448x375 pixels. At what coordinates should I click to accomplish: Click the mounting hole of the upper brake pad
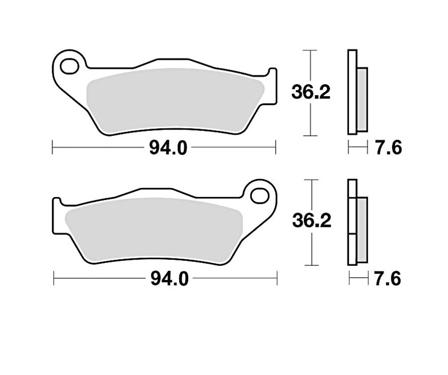pos(70,65)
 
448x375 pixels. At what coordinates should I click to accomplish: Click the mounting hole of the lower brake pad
pos(259,195)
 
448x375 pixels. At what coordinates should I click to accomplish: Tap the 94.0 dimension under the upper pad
pos(164,148)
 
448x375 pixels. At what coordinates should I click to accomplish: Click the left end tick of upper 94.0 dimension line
pos(53,148)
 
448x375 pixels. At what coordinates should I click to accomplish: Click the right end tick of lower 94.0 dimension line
pos(277,279)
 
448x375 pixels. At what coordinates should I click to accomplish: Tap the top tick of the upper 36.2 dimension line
pos(311,50)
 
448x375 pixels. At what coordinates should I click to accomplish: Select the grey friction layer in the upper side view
pos(363,100)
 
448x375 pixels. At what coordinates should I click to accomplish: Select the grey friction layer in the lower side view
pos(362,229)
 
